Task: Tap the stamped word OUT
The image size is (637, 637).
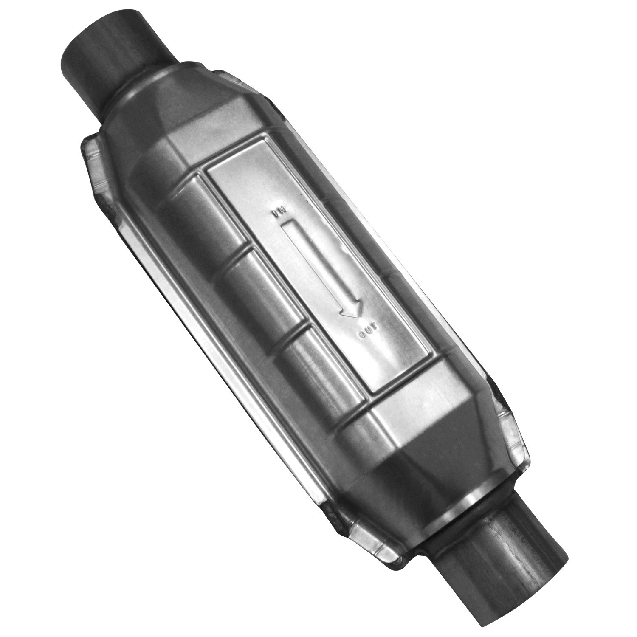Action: tap(368, 333)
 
